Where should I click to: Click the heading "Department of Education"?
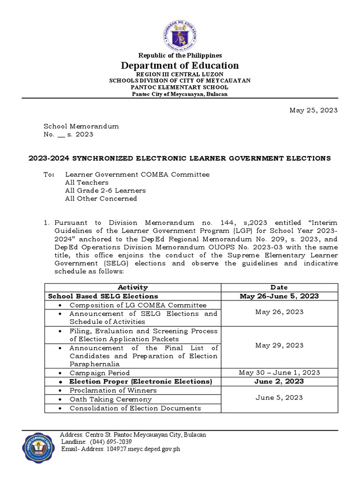point(180,66)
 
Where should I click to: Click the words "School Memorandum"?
point(81,126)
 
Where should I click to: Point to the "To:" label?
point(49,174)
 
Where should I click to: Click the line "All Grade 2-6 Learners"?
point(105,190)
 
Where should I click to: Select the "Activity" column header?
point(133,287)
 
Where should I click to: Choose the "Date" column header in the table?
point(279,287)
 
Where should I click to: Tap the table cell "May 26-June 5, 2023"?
point(279,296)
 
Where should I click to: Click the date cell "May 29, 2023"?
point(279,345)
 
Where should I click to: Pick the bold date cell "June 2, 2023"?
point(279,382)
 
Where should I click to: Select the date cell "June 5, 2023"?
point(279,397)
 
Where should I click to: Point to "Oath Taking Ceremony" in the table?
point(110,399)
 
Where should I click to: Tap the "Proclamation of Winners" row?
point(113,390)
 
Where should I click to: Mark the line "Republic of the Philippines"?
point(180,55)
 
